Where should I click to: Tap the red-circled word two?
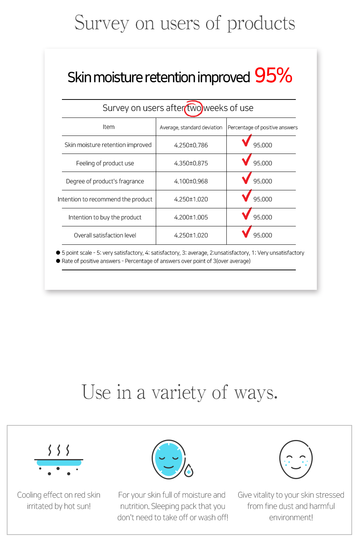[194, 108]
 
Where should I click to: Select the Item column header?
[108, 127]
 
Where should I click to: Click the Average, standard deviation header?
[191, 128]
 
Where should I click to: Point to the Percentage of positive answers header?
[262, 128]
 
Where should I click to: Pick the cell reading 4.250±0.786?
[191, 145]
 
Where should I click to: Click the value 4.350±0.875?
[191, 163]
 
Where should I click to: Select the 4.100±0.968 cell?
[191, 181]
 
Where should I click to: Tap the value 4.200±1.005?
[191, 217]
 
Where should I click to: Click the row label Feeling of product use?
[105, 163]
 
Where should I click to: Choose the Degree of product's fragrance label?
[105, 181]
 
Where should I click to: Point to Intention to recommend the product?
[105, 199]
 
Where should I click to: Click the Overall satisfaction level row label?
[105, 235]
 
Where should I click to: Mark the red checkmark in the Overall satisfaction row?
[246, 232]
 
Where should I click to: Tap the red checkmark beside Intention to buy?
[246, 214]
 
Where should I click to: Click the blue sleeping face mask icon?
[169, 459]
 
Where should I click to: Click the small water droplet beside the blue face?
[189, 471]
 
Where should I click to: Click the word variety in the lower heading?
[179, 393]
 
